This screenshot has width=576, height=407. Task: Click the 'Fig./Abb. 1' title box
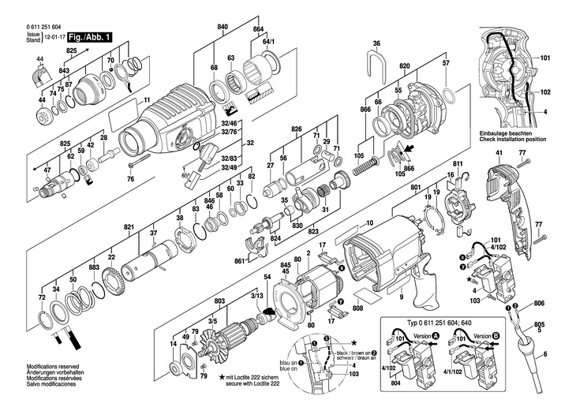[x=88, y=37]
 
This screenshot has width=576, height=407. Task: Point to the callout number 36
[x=376, y=43]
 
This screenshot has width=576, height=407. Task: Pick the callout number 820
[x=405, y=66]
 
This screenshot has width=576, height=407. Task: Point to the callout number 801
[x=416, y=187]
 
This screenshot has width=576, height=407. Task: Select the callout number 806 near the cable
[x=539, y=304]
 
